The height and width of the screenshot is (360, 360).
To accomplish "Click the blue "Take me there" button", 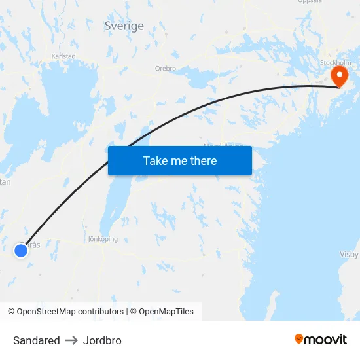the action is point(180,160).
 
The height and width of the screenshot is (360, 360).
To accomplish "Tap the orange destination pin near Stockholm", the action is point(340,75).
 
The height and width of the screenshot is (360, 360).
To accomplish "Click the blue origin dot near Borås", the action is point(21,249).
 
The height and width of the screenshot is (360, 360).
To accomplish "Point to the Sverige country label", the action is point(124,26).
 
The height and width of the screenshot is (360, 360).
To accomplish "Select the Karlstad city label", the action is point(63,56).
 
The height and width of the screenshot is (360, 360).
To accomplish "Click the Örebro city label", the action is point(166,68).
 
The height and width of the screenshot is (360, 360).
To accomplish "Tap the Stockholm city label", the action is point(336,63).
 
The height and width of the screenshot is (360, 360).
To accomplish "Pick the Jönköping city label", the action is point(103,239).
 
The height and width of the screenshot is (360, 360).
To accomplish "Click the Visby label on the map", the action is point(350,254).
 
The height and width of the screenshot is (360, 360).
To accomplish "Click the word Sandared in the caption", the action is point(37,340).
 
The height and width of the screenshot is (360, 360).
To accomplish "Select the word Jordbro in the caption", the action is point(102,340).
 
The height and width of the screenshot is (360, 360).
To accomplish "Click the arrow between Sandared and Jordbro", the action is point(71,340).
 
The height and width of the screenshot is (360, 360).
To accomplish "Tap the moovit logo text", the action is point(326,340).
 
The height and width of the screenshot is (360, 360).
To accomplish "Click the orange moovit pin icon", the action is point(299,339).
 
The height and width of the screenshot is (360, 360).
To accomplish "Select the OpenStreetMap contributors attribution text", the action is point(65,312).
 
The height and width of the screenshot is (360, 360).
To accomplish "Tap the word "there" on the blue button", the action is point(203,160).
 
